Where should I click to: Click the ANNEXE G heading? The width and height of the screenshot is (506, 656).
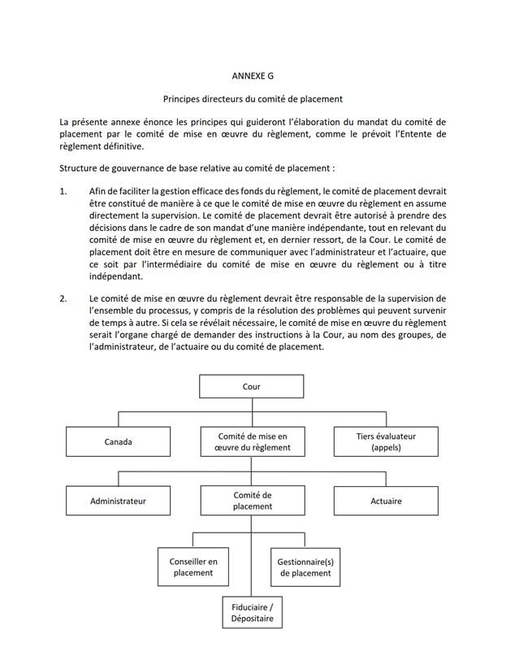(x=253, y=75)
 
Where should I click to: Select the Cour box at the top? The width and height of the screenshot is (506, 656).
(x=252, y=387)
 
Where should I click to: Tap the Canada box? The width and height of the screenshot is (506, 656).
(x=118, y=442)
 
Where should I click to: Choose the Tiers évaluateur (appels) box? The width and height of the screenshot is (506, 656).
(x=386, y=442)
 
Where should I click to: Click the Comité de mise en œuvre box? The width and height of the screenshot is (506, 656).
(x=252, y=442)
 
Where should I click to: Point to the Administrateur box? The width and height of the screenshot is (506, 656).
(x=118, y=501)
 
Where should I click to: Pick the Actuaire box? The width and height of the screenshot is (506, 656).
(x=386, y=501)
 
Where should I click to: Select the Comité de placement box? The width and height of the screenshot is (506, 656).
(x=252, y=501)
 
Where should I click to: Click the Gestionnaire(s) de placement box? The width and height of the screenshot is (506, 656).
(x=304, y=567)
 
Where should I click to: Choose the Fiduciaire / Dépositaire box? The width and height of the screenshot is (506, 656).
(x=251, y=613)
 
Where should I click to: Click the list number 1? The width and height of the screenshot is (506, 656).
(x=64, y=191)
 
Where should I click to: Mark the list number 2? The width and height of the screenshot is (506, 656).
(x=64, y=298)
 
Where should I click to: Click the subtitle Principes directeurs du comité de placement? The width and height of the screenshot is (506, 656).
(x=253, y=99)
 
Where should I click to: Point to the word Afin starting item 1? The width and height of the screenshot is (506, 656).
(x=98, y=191)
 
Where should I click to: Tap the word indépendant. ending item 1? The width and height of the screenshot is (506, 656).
(x=117, y=276)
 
